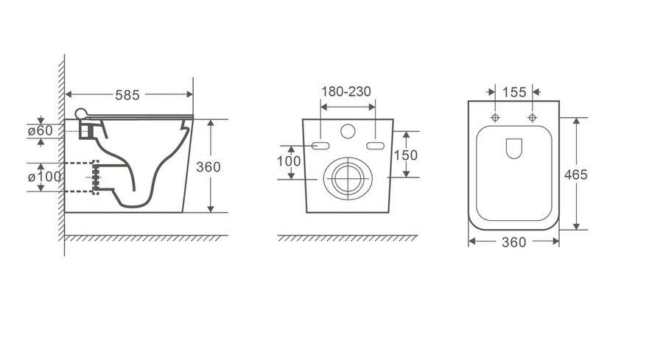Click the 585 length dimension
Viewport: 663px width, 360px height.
tap(127, 95)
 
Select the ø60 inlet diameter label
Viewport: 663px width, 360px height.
tap(41, 130)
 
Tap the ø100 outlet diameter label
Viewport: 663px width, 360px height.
tap(44, 176)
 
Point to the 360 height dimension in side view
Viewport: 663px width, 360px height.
tap(208, 167)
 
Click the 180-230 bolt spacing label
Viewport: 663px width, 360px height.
tap(346, 91)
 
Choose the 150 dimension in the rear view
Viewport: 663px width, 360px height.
tap(405, 155)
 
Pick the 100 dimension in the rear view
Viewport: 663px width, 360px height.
tap(289, 161)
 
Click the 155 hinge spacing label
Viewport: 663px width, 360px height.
tap(514, 92)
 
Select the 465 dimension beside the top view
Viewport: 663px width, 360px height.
tap(576, 174)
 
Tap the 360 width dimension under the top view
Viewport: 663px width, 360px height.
tap(513, 242)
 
